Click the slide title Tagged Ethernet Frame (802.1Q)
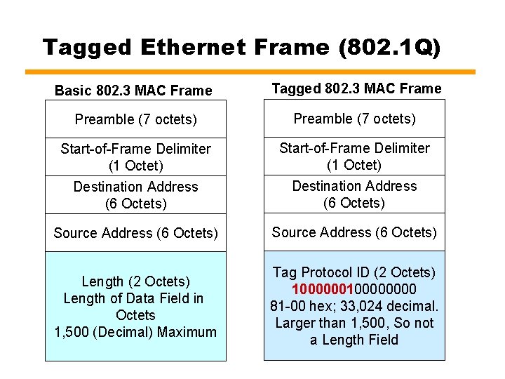[242, 48]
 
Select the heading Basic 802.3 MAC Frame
[133, 91]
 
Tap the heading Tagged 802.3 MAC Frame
[356, 88]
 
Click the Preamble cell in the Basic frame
[135, 119]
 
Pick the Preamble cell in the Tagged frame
[354, 119]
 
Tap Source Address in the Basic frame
[135, 233]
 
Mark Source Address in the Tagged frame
[354, 232]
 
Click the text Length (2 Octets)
[135, 281]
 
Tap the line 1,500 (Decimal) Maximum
[135, 332]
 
